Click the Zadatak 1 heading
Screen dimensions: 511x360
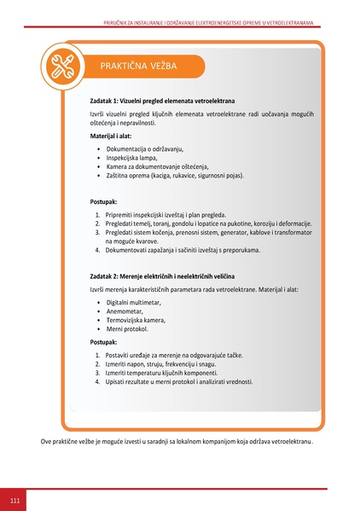click(161, 100)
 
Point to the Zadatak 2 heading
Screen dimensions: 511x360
click(162, 277)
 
